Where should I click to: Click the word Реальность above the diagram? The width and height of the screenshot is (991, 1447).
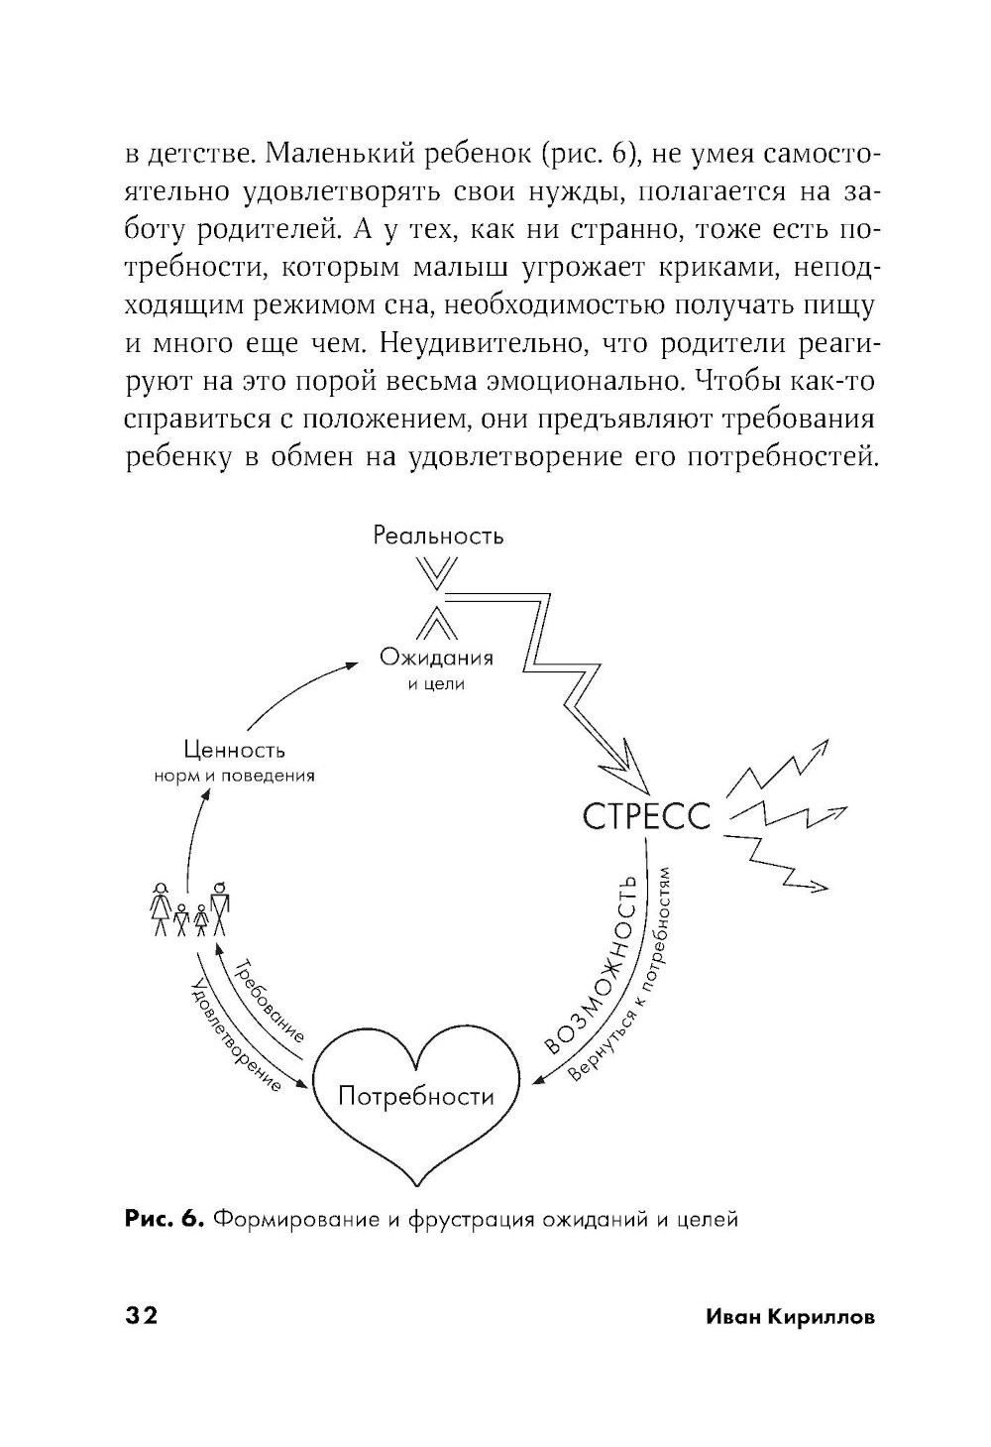[438, 537]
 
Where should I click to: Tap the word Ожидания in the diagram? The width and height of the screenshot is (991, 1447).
[436, 659]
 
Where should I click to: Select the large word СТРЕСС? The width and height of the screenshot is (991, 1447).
[646, 817]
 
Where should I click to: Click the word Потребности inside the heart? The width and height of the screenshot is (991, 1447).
[415, 1096]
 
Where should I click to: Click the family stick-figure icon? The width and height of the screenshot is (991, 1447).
[190, 908]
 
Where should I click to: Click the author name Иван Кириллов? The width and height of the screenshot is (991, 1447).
[790, 1316]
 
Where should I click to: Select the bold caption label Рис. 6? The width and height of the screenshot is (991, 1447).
[165, 1218]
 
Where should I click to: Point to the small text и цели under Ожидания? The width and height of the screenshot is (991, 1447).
[436, 683]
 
